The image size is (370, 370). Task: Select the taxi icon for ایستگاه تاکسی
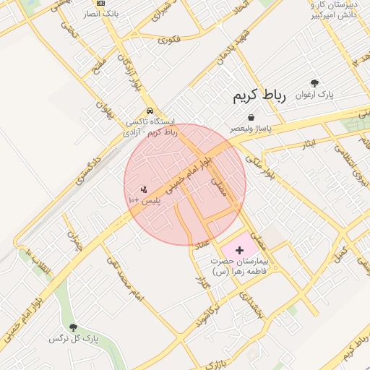[x=149, y=111]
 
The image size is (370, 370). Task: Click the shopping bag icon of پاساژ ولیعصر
[x=250, y=117]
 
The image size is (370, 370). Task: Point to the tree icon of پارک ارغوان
[x=314, y=83]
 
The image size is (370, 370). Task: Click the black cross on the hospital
[x=240, y=249]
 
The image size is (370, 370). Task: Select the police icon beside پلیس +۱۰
[x=144, y=189]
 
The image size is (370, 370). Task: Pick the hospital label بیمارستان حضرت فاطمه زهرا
[x=239, y=265]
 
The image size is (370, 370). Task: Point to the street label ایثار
[x=309, y=144]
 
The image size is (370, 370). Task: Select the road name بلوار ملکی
[x=258, y=165]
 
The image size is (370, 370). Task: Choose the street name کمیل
[x=340, y=254]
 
